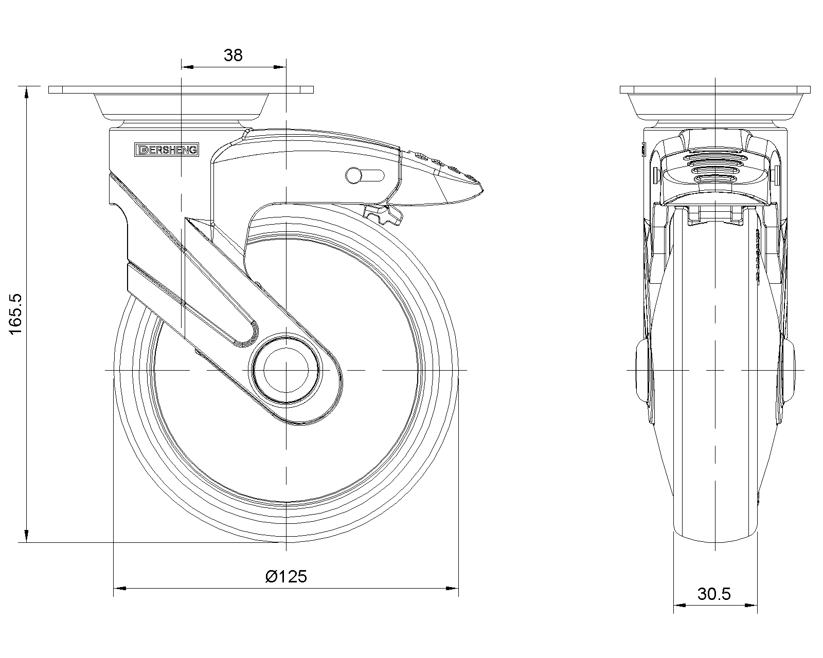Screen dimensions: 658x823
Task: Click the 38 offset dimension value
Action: (x=233, y=55)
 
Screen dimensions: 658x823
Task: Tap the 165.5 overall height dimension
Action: (x=16, y=314)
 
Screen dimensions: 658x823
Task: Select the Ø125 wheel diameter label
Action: (x=286, y=576)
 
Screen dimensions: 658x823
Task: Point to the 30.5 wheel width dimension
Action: (x=714, y=594)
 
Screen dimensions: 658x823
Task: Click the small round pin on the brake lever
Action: (x=354, y=175)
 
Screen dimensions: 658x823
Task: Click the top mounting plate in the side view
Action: (x=180, y=89)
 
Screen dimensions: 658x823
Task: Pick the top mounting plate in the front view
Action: (x=715, y=89)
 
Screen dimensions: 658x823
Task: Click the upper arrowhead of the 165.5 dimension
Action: (x=26, y=91)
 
